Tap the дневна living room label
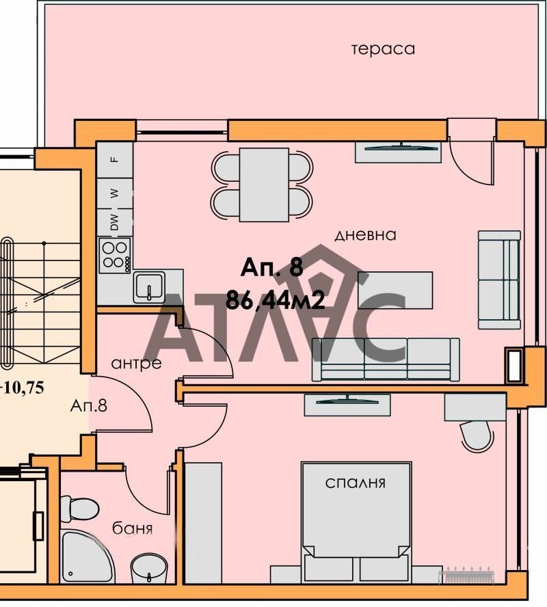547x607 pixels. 366,235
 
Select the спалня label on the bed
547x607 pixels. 356,483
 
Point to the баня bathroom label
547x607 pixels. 132,528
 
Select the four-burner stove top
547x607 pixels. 115,254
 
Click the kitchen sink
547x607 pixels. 148,286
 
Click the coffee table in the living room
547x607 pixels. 395,290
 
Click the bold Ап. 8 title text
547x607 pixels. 272,268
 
